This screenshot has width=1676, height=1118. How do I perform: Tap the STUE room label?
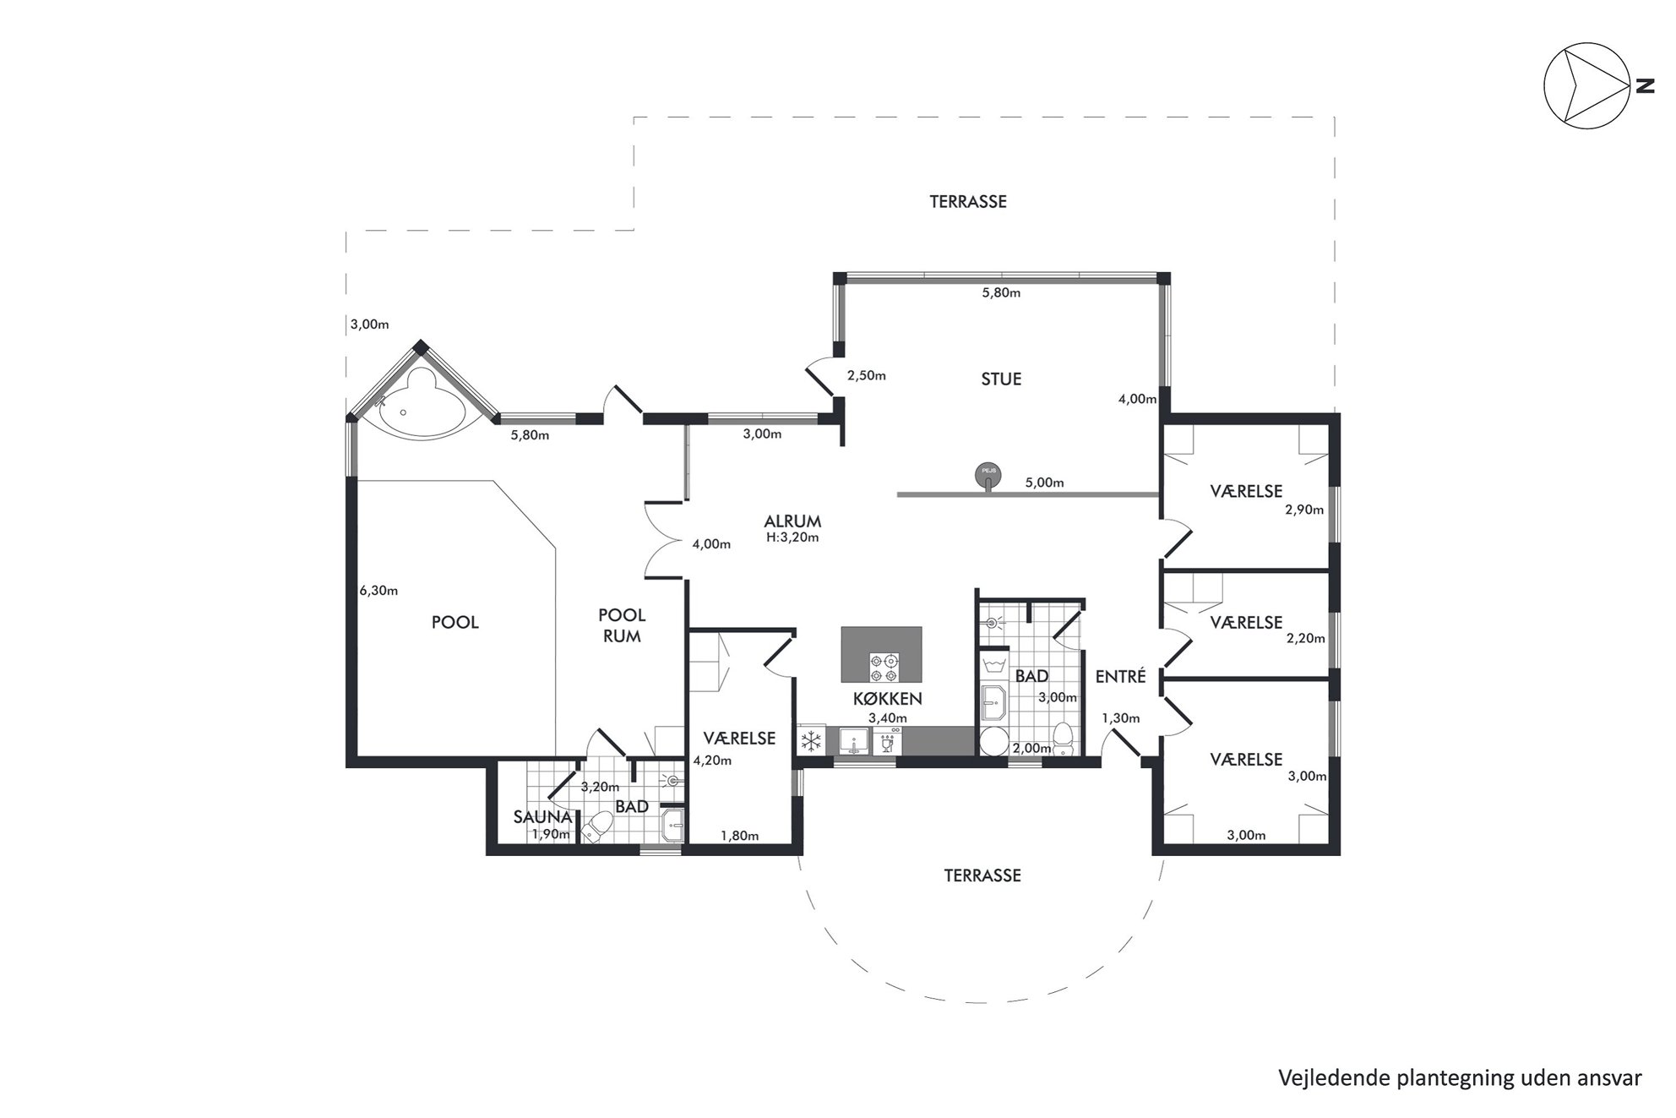(1001, 379)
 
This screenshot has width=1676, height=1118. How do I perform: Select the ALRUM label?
(792, 521)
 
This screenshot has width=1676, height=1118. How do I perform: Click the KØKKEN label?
(887, 699)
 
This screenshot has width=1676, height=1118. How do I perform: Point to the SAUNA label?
(543, 817)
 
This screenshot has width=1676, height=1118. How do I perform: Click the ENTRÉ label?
(1120, 676)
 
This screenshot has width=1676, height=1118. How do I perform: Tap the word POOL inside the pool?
(455, 623)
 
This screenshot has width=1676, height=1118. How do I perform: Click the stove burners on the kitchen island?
(884, 668)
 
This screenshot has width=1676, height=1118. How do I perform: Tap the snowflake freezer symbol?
(812, 741)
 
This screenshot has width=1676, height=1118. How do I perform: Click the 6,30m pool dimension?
(378, 591)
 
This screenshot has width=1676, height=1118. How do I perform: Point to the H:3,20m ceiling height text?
(792, 537)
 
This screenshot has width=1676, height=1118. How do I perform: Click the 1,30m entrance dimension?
(1120, 719)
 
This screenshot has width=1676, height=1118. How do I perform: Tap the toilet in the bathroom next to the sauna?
(598, 826)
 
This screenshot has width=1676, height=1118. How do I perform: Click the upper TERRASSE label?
(968, 202)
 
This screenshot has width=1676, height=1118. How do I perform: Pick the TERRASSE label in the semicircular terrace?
(982, 876)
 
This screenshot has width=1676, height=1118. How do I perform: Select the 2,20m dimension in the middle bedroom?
(1305, 639)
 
